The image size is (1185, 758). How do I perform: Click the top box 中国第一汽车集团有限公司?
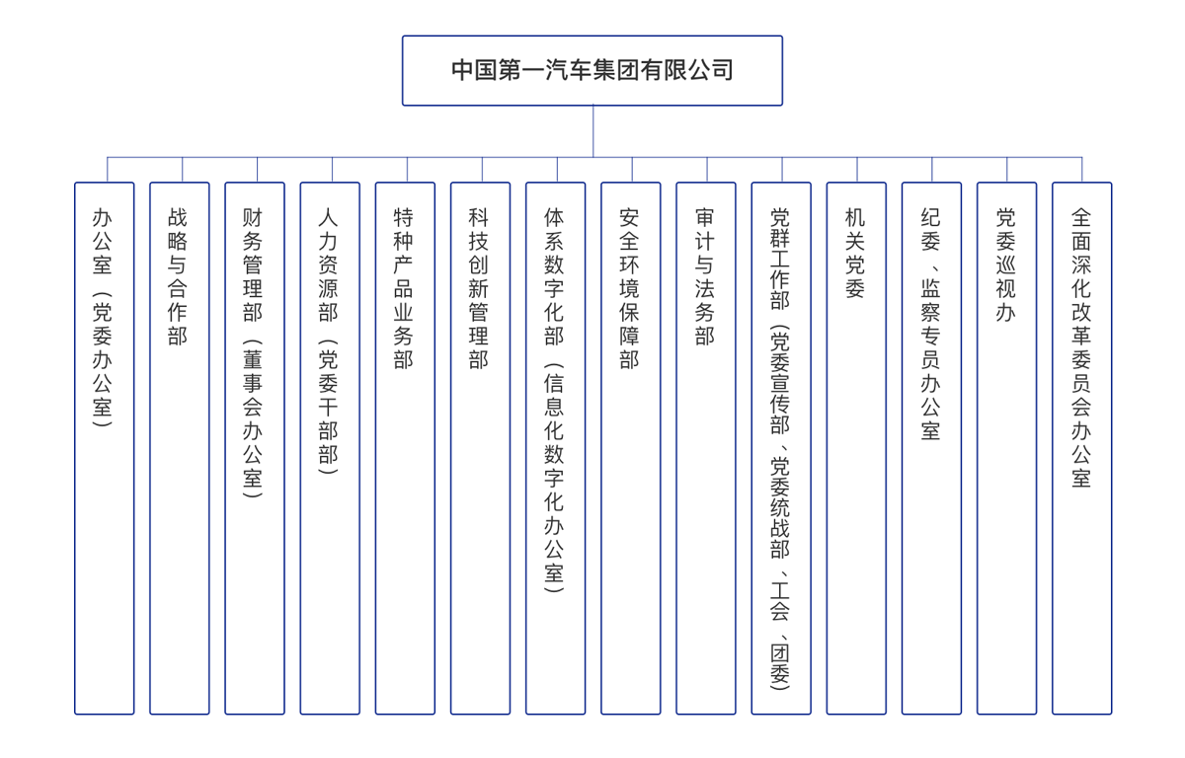[592, 71]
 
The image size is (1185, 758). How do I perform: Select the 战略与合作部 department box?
[180, 448]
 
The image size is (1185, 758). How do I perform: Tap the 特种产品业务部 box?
[405, 448]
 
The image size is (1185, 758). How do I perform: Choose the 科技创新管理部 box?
[480, 448]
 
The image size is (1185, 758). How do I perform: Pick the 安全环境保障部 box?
[631, 448]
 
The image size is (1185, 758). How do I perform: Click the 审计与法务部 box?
[706, 448]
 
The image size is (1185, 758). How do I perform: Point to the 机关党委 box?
[856, 448]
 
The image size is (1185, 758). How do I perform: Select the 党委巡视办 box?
[1006, 448]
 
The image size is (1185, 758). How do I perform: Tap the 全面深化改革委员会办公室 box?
[1082, 448]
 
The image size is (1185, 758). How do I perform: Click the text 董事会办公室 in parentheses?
[253, 419]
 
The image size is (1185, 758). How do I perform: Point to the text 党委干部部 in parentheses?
[328, 408]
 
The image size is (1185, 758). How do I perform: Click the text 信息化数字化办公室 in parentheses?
[554, 479]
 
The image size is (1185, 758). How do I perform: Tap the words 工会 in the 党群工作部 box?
[780, 600]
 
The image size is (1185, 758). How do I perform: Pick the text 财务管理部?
[253, 265]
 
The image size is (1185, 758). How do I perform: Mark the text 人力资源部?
[328, 265]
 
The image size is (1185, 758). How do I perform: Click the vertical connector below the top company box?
[592, 131]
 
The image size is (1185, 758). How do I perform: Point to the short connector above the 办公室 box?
[108, 170]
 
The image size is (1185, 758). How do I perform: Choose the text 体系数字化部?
[554, 276]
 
